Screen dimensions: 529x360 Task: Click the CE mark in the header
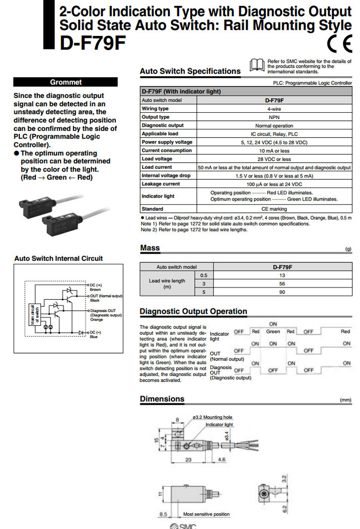pos(340,45)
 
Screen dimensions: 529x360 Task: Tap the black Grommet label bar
pos(66,82)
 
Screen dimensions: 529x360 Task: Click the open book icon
pos(257,64)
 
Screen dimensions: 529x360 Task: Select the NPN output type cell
pos(274,117)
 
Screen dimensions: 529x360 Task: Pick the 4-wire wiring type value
pos(274,109)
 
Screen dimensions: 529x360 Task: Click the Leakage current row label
pos(161,184)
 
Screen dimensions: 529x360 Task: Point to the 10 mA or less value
pos(274,151)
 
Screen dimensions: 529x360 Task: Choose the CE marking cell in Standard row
pos(274,209)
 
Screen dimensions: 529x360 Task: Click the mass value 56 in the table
pos(282,283)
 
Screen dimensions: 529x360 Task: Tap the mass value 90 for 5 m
pos(282,292)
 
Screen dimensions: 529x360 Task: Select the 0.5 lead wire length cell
pos(204,275)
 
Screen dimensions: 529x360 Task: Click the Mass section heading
pos(150,248)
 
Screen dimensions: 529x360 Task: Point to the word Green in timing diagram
pos(273,331)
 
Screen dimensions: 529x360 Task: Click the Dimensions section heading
pos(162,399)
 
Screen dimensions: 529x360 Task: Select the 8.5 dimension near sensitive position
pos(164,514)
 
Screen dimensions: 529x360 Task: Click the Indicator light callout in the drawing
pos(219,425)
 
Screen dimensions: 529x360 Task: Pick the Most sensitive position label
pos(206,514)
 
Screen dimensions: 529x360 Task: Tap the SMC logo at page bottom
pos(184,526)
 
